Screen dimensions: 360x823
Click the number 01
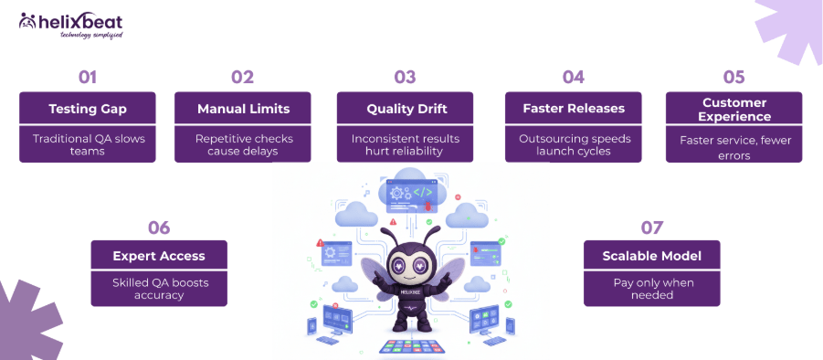87,77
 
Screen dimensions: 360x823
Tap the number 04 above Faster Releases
573,77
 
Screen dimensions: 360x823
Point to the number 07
651,227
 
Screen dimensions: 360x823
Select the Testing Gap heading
88,108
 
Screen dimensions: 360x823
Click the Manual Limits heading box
243,108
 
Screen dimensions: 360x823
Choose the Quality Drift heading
405,108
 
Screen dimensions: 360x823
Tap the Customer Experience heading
733,109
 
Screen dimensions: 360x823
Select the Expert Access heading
159,256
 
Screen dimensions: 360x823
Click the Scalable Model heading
651,256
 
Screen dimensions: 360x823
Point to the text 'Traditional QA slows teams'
88,144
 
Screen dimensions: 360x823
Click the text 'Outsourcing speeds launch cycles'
573,144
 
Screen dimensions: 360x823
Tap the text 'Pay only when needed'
651,289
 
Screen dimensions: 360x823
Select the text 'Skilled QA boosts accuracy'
159,289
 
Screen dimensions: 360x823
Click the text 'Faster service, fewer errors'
733,148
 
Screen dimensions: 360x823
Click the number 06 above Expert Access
159,227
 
